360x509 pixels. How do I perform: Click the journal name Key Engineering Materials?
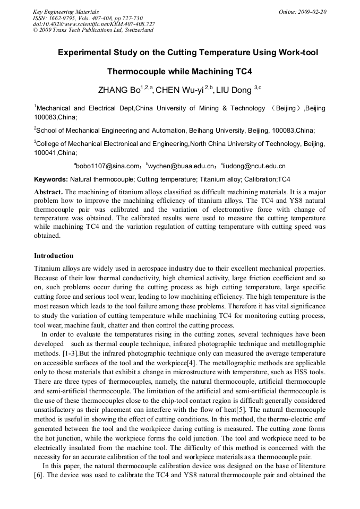tap(66, 12)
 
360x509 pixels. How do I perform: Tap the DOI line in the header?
tap(94, 24)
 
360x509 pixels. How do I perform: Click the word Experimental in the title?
tap(85, 53)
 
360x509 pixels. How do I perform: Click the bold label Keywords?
tap(51, 179)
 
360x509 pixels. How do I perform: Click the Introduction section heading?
tap(54, 256)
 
